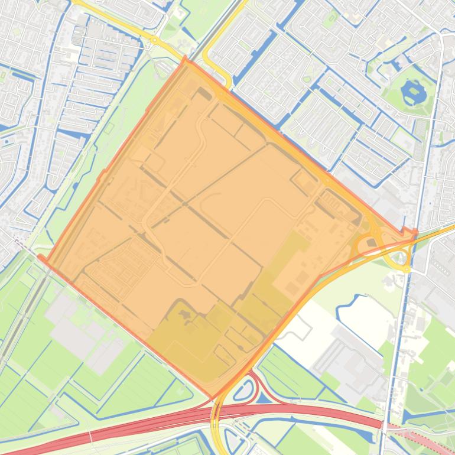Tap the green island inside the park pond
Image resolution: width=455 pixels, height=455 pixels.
[409, 92]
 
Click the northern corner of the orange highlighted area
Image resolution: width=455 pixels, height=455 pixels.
[186, 58]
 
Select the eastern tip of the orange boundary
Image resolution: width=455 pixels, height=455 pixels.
[415, 232]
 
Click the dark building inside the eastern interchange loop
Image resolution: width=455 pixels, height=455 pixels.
[370, 242]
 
